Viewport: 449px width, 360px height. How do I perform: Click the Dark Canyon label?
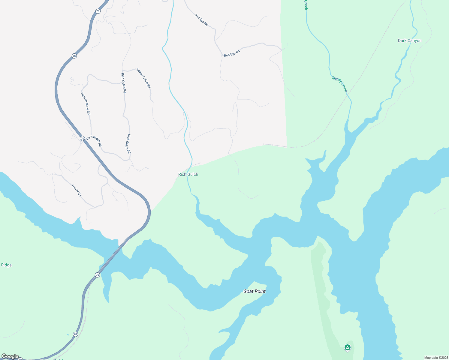coord(410,41)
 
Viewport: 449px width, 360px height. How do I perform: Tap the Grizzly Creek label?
coord(339,84)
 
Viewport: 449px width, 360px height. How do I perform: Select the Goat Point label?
coord(255,291)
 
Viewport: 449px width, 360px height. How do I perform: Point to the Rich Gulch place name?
coord(188,174)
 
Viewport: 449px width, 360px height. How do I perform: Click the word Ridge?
coord(6,265)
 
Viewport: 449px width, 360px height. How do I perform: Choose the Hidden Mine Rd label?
coord(86,103)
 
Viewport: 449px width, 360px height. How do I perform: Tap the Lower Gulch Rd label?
coord(143,78)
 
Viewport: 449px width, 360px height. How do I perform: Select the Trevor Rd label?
coord(76,190)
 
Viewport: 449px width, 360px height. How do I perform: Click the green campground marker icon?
coord(347,347)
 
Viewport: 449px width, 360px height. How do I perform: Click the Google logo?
coord(10,356)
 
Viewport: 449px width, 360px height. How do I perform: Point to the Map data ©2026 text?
coord(436,358)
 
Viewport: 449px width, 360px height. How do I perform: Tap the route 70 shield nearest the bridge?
coord(97,275)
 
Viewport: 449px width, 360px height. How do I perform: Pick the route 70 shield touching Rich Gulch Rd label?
coord(82,138)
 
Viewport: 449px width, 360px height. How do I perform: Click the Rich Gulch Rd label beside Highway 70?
coord(94,141)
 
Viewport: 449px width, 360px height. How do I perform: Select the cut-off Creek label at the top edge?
coord(306,5)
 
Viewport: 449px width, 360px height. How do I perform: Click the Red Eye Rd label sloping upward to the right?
coord(232,53)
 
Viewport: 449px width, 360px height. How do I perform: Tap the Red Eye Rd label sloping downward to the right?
coord(201,20)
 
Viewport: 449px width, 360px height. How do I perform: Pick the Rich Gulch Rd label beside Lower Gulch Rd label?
coord(123,83)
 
